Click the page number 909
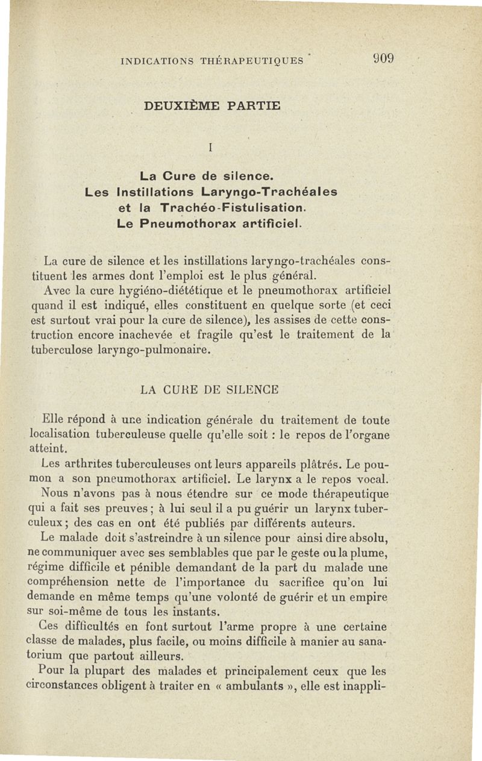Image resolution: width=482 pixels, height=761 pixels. tap(382, 60)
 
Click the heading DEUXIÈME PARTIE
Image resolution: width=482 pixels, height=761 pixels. tap(212, 107)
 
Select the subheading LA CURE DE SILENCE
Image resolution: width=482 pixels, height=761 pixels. tap(209, 390)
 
